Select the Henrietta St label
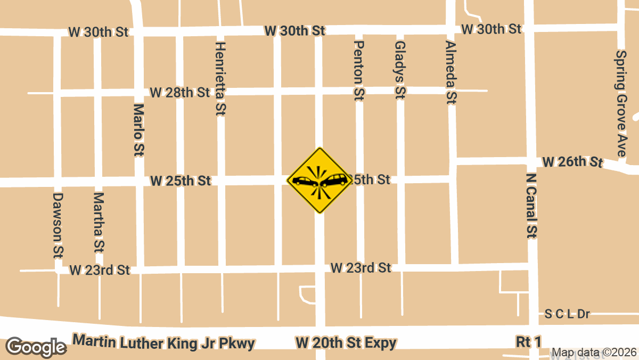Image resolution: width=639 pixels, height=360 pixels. click(219, 78)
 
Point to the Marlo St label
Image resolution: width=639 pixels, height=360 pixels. click(138, 130)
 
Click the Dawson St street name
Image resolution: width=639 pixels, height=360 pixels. click(58, 225)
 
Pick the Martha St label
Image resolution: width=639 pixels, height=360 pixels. click(99, 223)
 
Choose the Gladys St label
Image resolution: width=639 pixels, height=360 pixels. click(400, 70)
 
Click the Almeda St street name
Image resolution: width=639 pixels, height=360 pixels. click(451, 71)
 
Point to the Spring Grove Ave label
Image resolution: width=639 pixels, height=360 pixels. click(621, 103)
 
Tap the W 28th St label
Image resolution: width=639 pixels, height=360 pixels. click(180, 93)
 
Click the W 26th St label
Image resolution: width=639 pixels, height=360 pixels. click(572, 161)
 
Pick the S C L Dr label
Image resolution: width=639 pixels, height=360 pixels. click(568, 314)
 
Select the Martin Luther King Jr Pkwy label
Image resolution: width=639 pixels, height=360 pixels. click(164, 342)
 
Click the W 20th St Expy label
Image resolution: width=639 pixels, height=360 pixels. click(346, 342)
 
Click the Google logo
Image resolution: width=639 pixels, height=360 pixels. click(36, 347)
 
